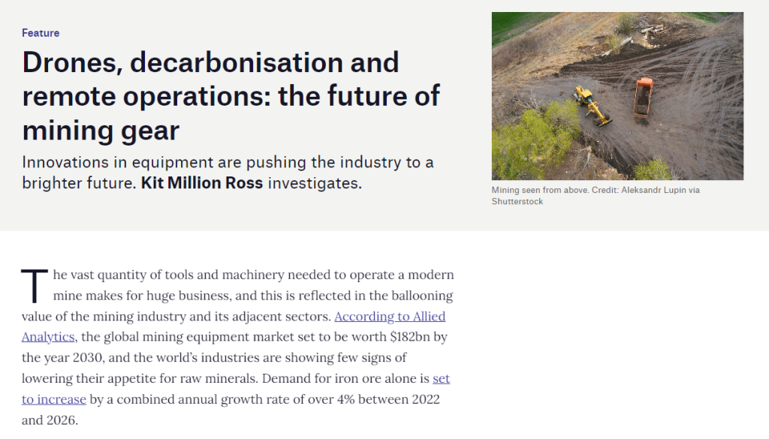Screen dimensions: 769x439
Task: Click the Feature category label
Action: coord(41,33)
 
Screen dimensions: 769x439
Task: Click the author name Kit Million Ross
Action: coord(202,183)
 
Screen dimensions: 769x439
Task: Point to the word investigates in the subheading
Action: coord(315,183)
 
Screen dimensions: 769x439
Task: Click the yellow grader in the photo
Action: coord(593,105)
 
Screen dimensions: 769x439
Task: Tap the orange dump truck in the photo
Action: coord(643,97)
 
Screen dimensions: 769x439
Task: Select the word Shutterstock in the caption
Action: coord(517,201)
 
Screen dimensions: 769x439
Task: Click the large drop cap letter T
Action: coord(35,286)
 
